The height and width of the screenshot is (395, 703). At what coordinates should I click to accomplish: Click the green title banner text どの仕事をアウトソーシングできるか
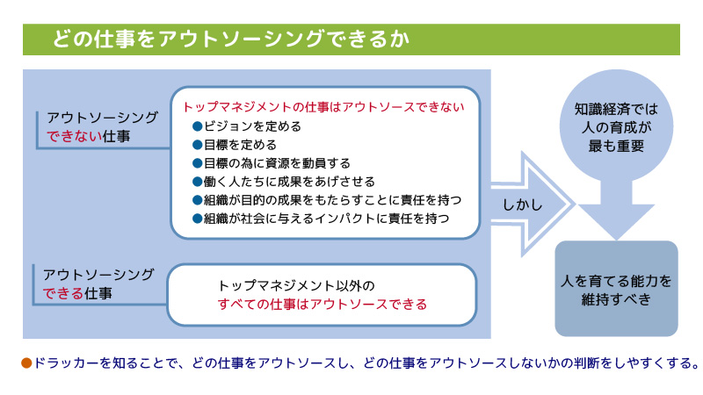coord(231,39)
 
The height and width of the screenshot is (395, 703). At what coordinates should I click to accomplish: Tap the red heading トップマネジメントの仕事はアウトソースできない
coord(323,107)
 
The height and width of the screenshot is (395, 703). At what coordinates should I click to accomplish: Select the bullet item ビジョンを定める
coord(252,126)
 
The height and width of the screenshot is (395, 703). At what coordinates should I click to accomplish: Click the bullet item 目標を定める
coord(240,145)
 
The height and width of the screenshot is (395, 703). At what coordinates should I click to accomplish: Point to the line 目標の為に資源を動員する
coord(277,163)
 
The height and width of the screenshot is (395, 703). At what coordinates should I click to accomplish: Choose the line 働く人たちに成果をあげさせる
coord(289,182)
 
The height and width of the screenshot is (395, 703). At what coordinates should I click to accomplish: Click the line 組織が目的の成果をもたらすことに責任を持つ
coord(333,200)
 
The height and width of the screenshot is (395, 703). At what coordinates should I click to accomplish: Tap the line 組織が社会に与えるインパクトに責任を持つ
coord(326,218)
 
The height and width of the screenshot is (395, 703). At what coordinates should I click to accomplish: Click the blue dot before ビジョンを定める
coord(197,126)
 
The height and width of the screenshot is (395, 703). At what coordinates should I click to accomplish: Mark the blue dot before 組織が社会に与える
coord(197,218)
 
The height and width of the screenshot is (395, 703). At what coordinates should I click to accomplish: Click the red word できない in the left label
coord(75,136)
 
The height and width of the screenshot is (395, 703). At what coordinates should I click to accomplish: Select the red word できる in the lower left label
coord(63,293)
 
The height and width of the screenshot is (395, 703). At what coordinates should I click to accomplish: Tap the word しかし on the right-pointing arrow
coord(522,205)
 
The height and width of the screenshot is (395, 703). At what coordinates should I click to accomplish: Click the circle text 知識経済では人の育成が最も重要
coord(616,127)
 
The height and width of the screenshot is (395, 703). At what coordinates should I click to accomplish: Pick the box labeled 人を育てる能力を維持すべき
coord(616,289)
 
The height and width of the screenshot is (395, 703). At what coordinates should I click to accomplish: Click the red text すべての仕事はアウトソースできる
coord(323,304)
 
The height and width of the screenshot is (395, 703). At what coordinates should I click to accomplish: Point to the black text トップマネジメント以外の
coord(296,286)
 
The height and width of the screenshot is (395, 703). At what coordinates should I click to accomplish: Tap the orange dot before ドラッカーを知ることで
coord(26,363)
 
